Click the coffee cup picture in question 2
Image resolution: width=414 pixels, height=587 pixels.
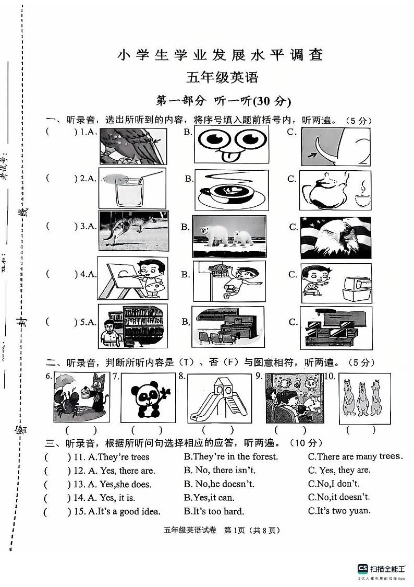[232, 191]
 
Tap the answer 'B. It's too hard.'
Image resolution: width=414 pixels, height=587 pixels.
[214, 511]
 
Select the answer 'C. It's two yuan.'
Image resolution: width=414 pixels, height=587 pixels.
[339, 511]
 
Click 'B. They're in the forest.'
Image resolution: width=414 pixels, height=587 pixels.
[231, 456]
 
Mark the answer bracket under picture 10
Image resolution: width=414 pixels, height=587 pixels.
[360, 431]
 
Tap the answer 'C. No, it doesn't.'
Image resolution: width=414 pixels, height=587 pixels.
[339, 498]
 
